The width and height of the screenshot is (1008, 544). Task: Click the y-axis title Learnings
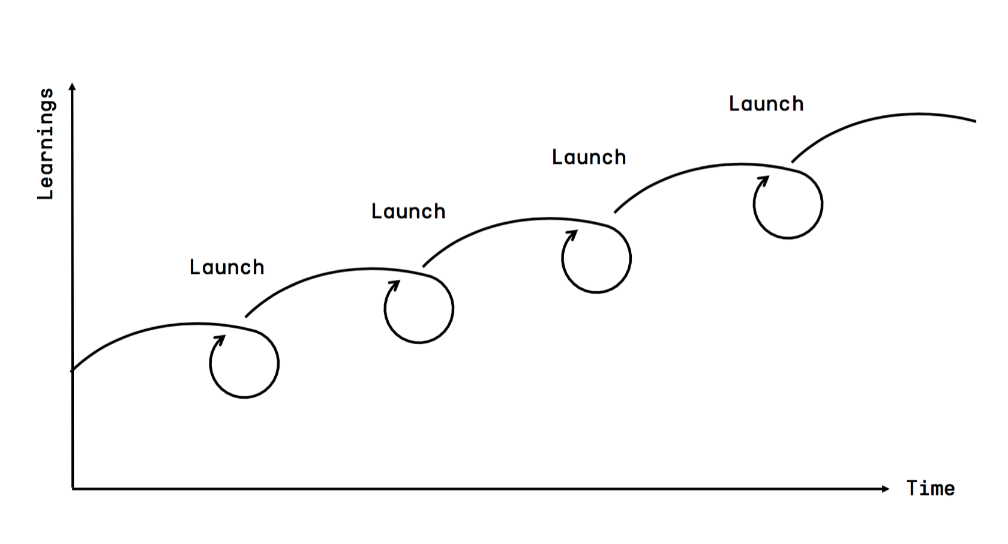[x=46, y=144]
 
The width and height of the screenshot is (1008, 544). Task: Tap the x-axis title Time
[x=930, y=489]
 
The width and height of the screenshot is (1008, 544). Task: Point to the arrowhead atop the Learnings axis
[x=73, y=87]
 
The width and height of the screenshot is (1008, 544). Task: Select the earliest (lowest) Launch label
[x=227, y=267]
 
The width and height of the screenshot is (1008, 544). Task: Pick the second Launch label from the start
[x=408, y=211]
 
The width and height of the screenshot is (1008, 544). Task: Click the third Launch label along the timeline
[x=589, y=157]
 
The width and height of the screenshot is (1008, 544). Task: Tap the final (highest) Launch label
[x=766, y=104]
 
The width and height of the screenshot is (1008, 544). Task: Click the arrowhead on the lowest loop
[x=221, y=340]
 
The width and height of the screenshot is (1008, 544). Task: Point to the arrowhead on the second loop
[x=395, y=285]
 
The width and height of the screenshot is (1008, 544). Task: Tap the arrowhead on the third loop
[x=573, y=235]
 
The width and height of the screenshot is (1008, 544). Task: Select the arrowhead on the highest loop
[x=764, y=181]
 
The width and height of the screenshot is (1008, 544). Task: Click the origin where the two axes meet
[x=73, y=489]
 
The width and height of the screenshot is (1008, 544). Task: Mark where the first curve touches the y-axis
[x=73, y=371]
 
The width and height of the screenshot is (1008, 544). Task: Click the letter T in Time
[x=913, y=488]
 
